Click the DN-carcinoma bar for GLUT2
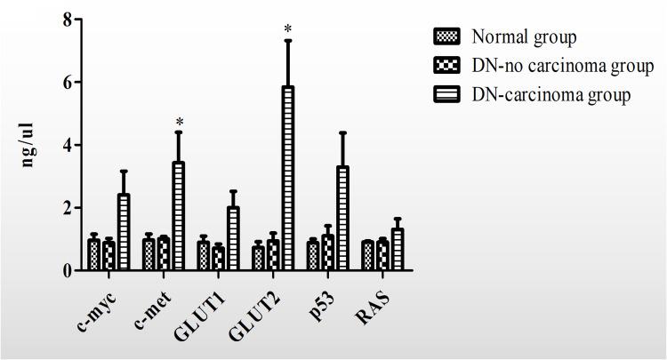(287, 178)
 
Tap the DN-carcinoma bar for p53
(342, 218)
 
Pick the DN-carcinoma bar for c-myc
(124, 232)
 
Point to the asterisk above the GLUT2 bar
(287, 30)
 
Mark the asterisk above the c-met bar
(178, 123)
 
